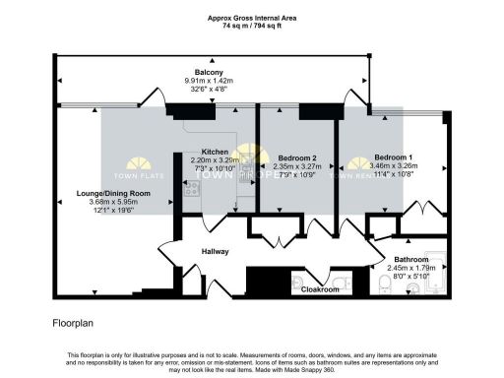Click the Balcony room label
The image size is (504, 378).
click(x=208, y=72)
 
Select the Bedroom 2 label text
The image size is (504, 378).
click(x=296, y=158)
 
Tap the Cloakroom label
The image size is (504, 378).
click(x=320, y=290)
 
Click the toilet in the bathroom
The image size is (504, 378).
click(x=385, y=283)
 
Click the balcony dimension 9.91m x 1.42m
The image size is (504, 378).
click(x=208, y=81)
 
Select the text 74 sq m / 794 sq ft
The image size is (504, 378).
click(x=252, y=25)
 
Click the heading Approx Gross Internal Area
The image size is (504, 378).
click(x=252, y=17)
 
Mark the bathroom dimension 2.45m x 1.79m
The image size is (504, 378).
click(x=411, y=269)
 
